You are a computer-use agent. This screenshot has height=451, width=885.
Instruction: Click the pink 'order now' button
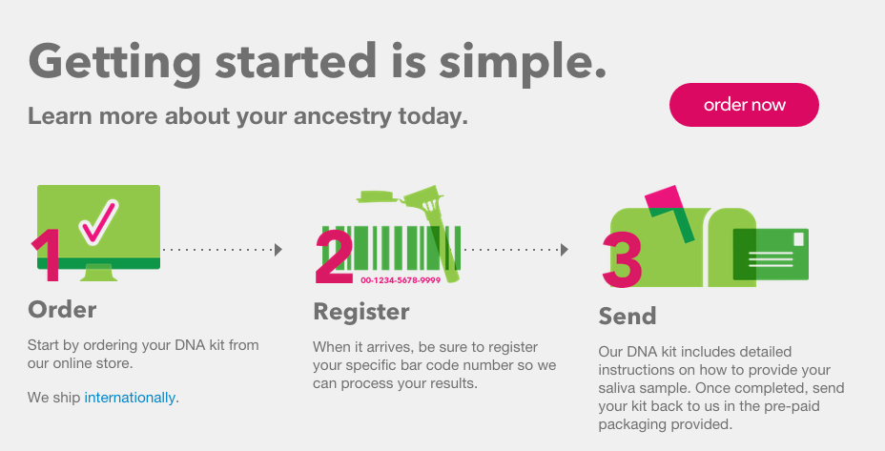[744, 105]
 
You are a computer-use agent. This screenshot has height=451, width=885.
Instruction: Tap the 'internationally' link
[130, 398]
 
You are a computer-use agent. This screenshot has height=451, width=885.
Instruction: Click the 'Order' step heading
[62, 309]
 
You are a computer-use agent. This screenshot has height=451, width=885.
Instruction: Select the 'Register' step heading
[361, 312]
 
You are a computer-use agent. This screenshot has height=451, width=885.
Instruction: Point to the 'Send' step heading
[628, 317]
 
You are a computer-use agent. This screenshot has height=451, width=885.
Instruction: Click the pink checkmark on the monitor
[98, 222]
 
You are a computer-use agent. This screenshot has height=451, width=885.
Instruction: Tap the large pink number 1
[48, 255]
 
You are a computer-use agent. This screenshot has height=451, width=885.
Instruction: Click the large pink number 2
[334, 256]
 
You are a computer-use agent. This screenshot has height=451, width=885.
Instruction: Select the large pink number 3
[622, 259]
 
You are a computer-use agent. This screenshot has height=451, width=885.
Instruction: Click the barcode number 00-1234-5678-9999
[401, 280]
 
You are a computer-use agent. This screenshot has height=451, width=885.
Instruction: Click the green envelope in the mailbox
[771, 254]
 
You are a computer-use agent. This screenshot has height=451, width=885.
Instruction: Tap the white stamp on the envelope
[798, 239]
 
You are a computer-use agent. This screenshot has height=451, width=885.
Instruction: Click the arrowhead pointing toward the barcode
[278, 250]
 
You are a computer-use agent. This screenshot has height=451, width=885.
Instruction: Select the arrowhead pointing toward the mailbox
[565, 250]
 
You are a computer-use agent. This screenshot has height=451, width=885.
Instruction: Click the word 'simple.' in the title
[522, 63]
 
